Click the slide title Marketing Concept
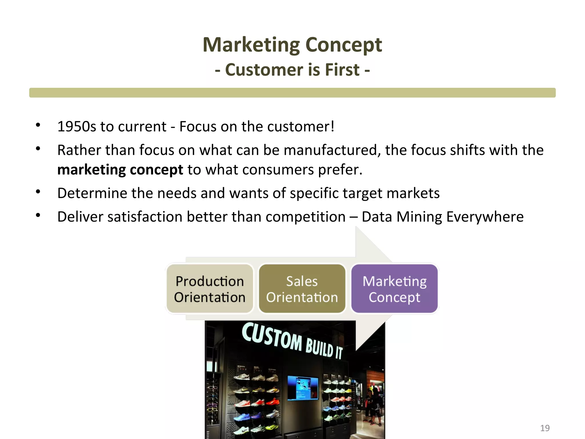(x=292, y=45)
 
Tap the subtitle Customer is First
(x=292, y=70)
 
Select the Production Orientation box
(x=210, y=289)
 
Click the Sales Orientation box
(x=302, y=289)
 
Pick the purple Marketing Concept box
(x=394, y=289)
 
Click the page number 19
(x=545, y=428)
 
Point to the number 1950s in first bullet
(x=77, y=126)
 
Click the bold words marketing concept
(x=120, y=170)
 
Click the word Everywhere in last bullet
(x=485, y=217)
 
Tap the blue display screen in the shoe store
(x=302, y=388)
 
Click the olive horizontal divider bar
(x=292, y=93)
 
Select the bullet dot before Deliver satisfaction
(x=38, y=215)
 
